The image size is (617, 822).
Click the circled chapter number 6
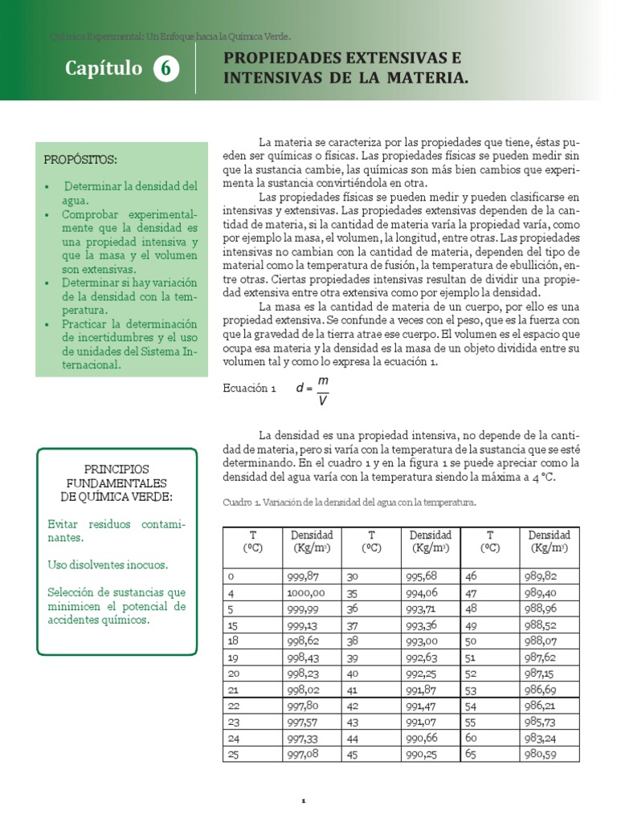click(165, 70)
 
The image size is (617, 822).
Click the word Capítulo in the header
click(103, 70)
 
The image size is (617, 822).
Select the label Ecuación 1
click(249, 388)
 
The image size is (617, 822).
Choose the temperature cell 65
click(471, 754)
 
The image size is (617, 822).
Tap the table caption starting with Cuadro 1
click(349, 503)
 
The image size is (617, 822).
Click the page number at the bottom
click(304, 800)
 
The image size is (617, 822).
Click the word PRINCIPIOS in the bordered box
click(117, 468)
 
